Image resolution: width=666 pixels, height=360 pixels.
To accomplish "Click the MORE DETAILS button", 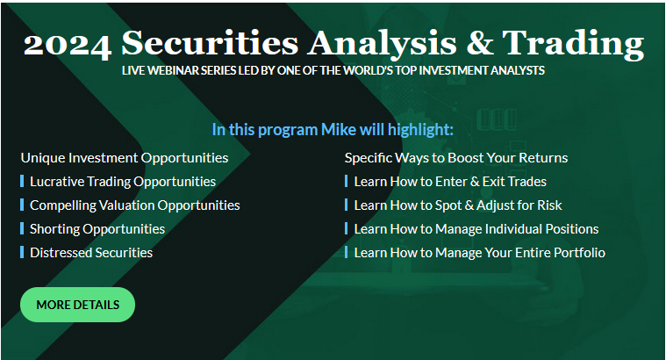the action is point(78,305).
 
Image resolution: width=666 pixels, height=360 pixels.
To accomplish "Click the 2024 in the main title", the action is point(68,44).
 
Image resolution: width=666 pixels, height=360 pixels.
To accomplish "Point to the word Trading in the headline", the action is point(573,44).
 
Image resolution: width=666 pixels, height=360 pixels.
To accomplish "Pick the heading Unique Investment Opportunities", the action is point(125,158).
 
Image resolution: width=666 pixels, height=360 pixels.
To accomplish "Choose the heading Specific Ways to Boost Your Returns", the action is point(456,158).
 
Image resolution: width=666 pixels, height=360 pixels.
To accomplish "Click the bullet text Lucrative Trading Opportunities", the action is point(123,182).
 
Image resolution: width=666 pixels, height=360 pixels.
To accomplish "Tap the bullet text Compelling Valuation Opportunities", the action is point(134,205).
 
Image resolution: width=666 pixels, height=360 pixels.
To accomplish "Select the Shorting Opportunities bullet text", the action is point(97,229).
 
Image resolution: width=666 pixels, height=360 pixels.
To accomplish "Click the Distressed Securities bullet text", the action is point(91,253).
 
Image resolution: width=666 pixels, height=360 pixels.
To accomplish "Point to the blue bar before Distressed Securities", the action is point(22,253).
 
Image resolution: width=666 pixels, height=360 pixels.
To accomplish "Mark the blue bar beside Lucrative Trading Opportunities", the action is point(22,182).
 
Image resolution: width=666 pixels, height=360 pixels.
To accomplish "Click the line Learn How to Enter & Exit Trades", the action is point(450,182).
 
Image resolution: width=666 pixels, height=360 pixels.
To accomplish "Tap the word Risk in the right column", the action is point(549,205).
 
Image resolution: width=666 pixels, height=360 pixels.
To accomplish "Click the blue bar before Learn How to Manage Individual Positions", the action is point(347,228).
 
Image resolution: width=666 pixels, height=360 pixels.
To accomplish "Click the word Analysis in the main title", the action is point(383,44).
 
